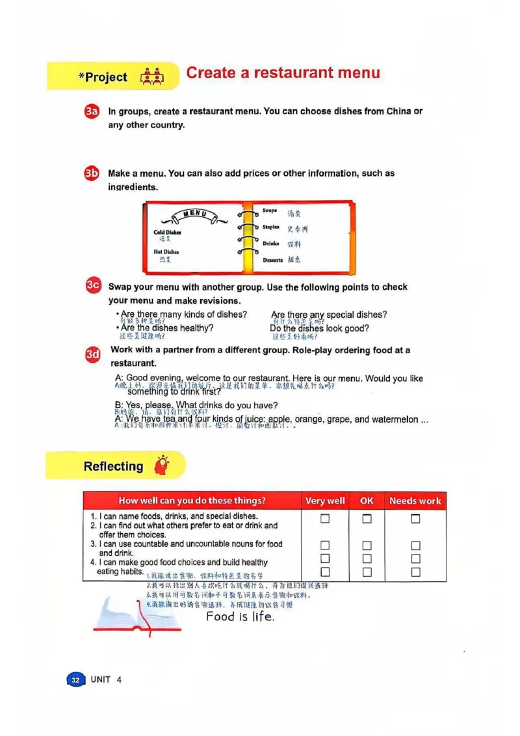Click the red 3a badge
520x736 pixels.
pyautogui.click(x=92, y=112)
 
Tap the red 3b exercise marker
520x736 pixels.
pyautogui.click(x=92, y=174)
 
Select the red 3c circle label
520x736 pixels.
pyautogui.click(x=93, y=285)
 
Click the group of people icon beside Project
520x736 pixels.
pyautogui.click(x=152, y=77)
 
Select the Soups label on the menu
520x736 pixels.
pyautogui.click(x=270, y=211)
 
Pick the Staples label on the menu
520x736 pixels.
pyautogui.click(x=271, y=227)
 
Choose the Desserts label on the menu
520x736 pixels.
pyautogui.click(x=273, y=260)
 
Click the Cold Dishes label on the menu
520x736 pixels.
pyautogui.click(x=167, y=232)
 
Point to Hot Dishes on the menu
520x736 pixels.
pyautogui.click(x=166, y=252)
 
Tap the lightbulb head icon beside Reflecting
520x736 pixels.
pyautogui.click(x=161, y=466)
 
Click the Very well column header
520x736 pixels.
pyautogui.click(x=325, y=501)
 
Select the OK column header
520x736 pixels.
pyautogui.click(x=367, y=501)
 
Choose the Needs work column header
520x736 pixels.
pyautogui.click(x=415, y=501)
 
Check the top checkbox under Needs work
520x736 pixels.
pyautogui.click(x=415, y=519)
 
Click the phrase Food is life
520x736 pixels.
pyautogui.click(x=240, y=616)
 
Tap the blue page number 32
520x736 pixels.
pyautogui.click(x=75, y=680)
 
